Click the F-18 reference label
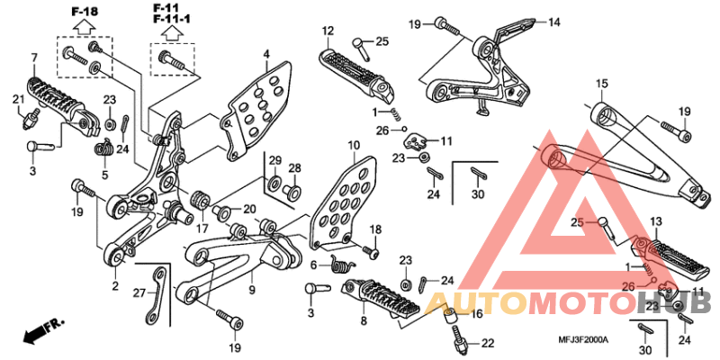(x=85, y=12)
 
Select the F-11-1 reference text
(x=172, y=19)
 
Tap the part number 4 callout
(x=266, y=55)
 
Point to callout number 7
(x=33, y=58)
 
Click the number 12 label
(x=328, y=31)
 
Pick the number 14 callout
(x=554, y=22)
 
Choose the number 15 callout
(x=601, y=84)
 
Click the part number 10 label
(x=354, y=147)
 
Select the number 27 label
(x=139, y=292)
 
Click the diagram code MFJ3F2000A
(x=583, y=340)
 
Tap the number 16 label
(x=477, y=313)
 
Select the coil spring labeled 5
(x=105, y=148)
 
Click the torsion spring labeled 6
(x=342, y=264)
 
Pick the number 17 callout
(x=202, y=228)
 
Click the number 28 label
(x=294, y=167)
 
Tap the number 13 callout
(x=656, y=222)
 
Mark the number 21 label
(x=18, y=99)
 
